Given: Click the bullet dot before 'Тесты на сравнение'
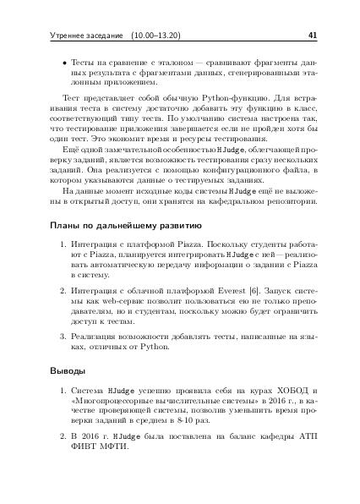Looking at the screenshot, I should click(x=54, y=64).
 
